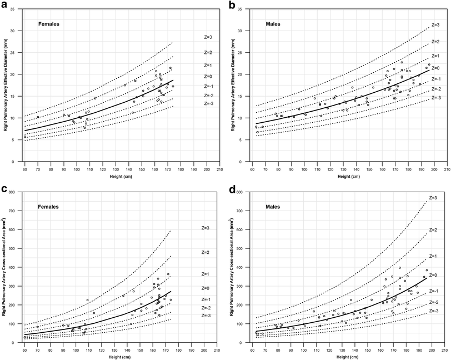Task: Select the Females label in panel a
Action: (x=49, y=24)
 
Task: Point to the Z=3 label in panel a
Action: (x=208, y=37)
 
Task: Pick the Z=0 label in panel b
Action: (x=436, y=68)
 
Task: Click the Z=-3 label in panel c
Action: (x=207, y=316)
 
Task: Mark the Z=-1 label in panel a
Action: (x=208, y=86)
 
